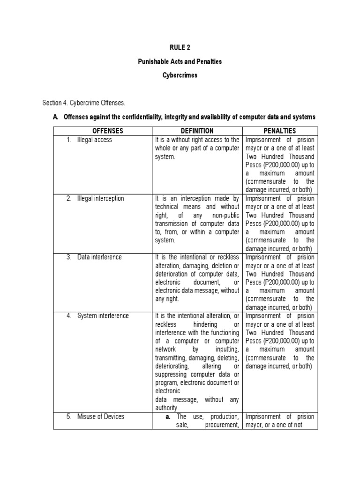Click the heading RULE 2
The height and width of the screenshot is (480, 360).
180,47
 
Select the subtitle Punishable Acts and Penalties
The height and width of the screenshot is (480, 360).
180,61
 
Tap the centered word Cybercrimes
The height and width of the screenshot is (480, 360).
180,75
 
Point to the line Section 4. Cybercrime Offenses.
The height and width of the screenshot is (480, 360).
84,102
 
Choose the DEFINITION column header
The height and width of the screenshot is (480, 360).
197,131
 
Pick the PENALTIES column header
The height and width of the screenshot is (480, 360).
280,131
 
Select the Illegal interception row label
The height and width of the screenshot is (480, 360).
100,198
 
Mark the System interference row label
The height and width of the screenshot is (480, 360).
103,315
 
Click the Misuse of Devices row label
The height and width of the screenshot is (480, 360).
101,416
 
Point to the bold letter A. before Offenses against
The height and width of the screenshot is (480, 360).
55,117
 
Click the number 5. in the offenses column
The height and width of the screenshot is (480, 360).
68,416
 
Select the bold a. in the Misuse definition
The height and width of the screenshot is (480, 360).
167,416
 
